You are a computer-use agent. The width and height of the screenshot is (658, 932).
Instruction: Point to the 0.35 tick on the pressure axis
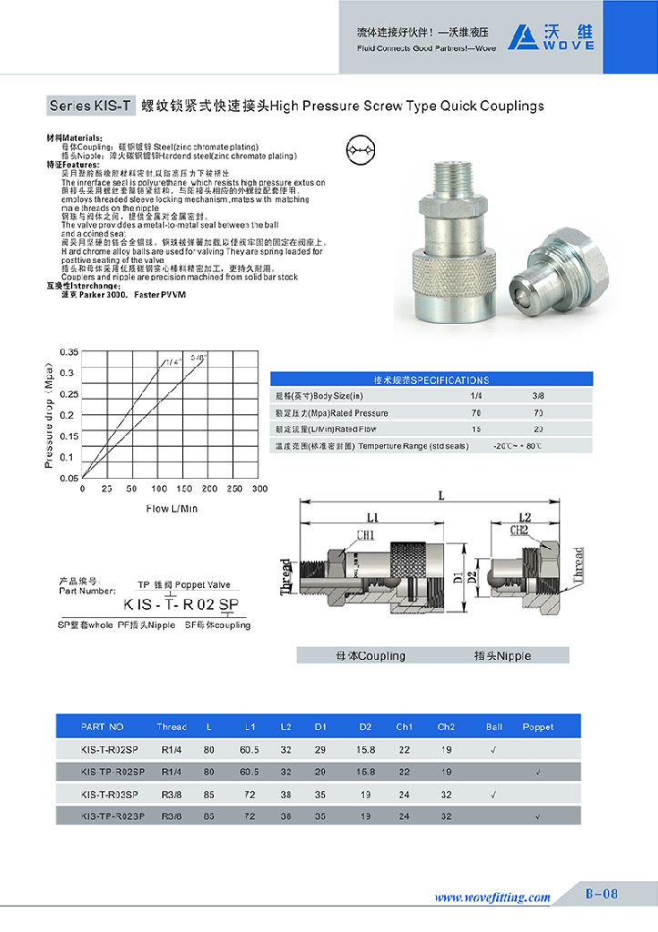[68, 351]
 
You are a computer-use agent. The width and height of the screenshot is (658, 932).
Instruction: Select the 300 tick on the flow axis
[259, 489]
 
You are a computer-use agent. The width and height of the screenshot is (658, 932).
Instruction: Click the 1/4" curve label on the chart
[172, 361]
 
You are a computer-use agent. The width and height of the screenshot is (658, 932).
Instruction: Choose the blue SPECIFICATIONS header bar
[431, 380]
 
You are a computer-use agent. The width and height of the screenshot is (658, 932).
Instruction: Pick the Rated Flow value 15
[476, 429]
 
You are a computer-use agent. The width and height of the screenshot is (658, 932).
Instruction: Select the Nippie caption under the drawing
[502, 655]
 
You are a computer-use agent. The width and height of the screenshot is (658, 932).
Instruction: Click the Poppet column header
[538, 727]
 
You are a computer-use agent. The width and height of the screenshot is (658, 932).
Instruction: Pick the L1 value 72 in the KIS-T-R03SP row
[248, 794]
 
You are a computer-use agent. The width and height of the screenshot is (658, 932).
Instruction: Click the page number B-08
[601, 895]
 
